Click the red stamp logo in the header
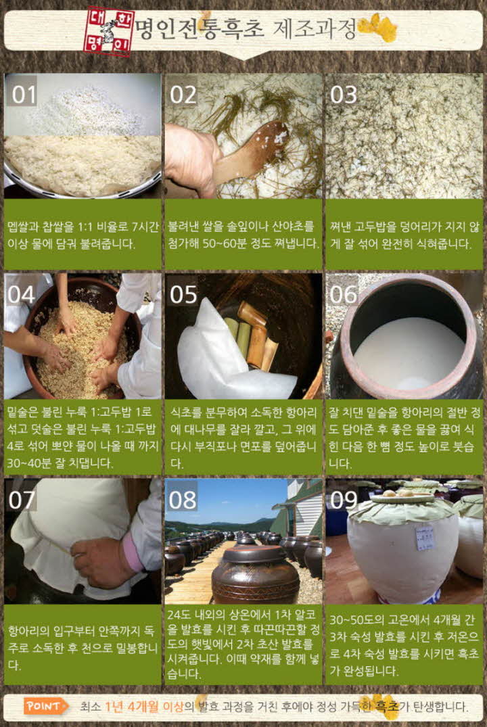click(x=110, y=31)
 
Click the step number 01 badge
click(x=23, y=95)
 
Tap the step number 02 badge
click(x=183, y=95)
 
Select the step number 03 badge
click(x=343, y=95)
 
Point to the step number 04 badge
click(x=23, y=294)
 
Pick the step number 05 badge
click(x=183, y=294)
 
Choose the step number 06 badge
click(x=344, y=294)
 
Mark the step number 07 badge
click(x=23, y=500)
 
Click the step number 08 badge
click(x=183, y=500)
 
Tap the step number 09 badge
click(x=344, y=500)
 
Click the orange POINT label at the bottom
click(x=47, y=706)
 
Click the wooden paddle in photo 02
click(x=250, y=152)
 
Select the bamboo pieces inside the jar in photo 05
click(x=254, y=335)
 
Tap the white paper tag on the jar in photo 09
click(x=425, y=538)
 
